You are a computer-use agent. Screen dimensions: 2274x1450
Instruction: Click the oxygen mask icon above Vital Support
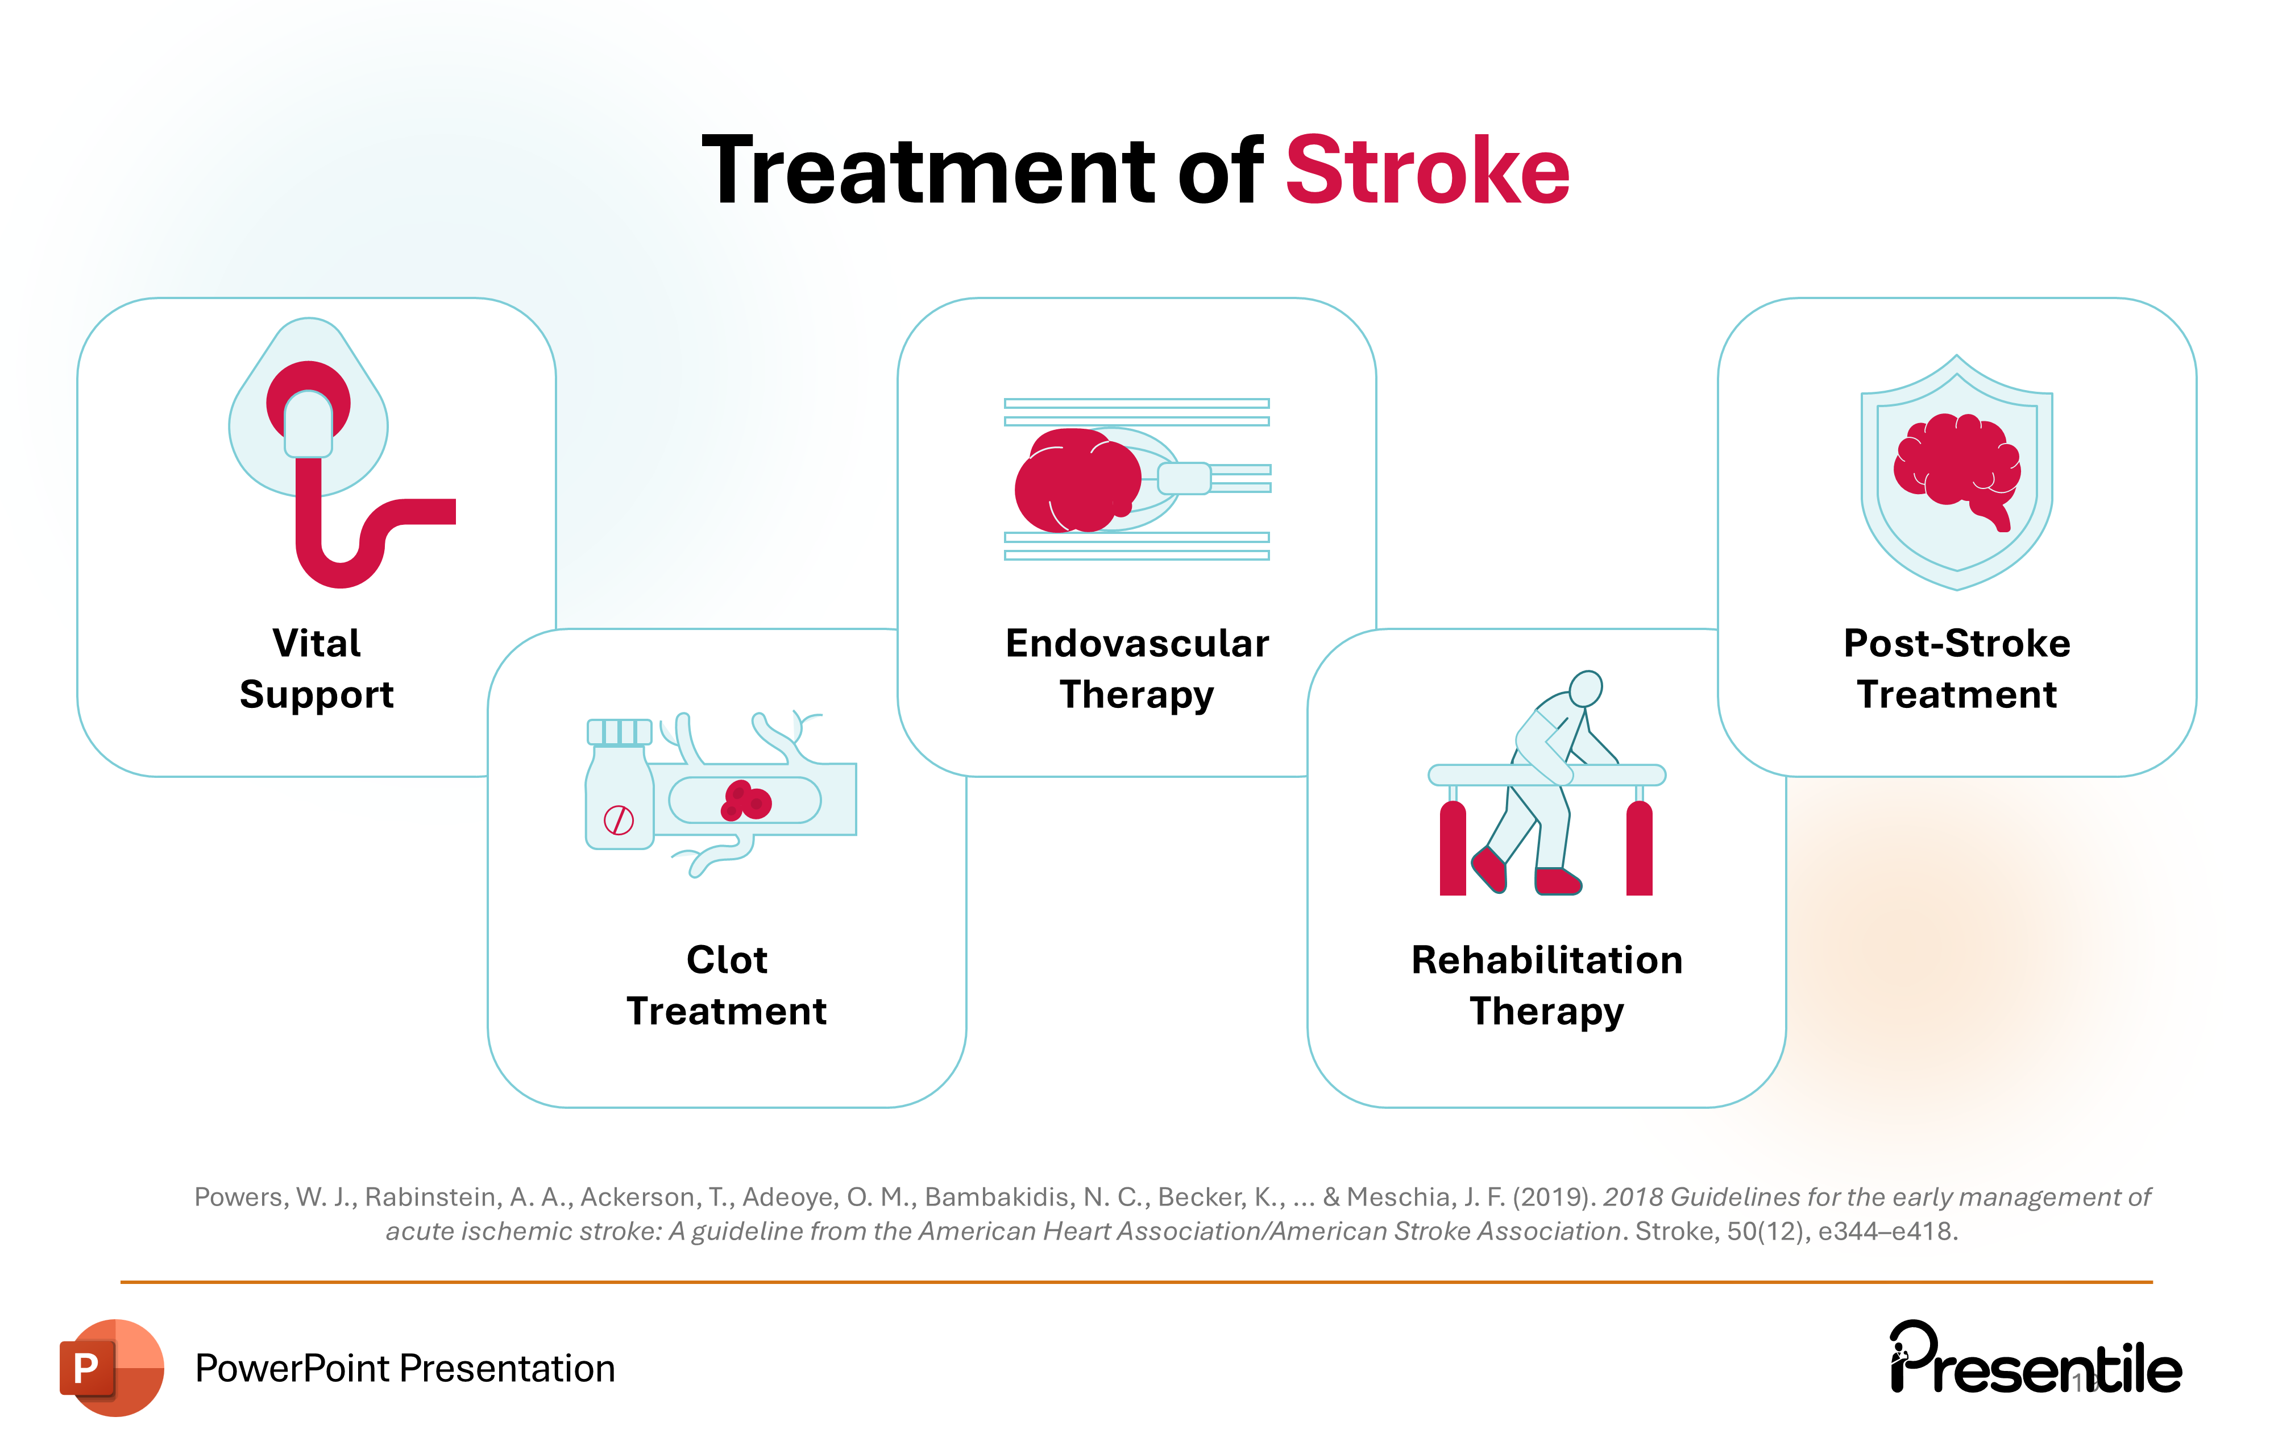coord(309,416)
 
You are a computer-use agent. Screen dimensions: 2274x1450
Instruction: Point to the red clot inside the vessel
coord(746,801)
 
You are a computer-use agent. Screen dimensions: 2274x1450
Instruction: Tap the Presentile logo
coord(2035,1360)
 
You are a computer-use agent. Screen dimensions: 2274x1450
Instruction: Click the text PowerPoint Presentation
coord(404,1368)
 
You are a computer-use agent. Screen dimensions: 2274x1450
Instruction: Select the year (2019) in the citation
coord(1554,1197)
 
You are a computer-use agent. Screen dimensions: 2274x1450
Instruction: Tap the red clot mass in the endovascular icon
coord(1077,480)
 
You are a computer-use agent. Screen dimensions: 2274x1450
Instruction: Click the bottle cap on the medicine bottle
coord(620,731)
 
